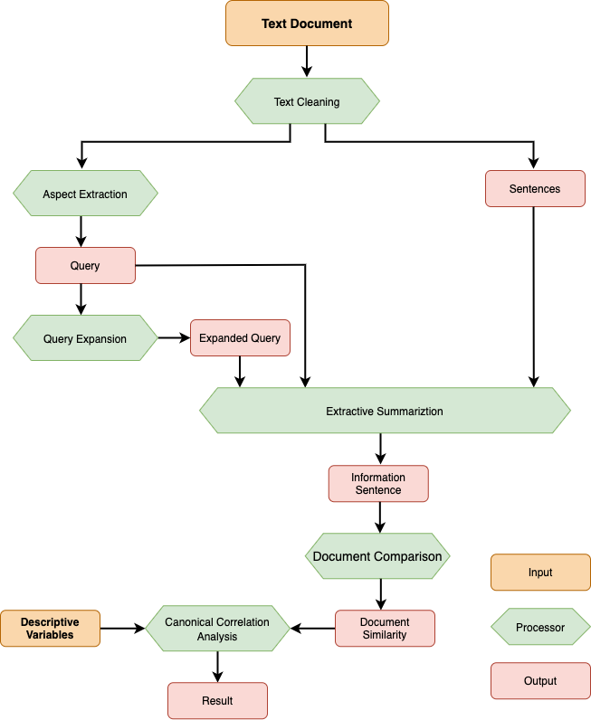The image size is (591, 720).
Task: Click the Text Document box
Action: coord(307,24)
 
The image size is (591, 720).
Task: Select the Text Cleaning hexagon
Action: coord(307,102)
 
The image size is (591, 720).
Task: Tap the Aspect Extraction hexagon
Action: coord(85,194)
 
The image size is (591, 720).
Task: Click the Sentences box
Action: coord(535,189)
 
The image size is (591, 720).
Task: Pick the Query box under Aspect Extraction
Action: coord(85,266)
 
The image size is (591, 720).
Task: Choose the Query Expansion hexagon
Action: coord(85,339)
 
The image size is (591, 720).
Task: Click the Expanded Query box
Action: coord(240,338)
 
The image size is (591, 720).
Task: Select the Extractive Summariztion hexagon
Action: coord(385,412)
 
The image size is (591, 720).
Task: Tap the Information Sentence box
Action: coord(378,484)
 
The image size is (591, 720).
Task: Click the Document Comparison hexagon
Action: coord(377,556)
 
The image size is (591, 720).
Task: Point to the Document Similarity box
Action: coord(385,629)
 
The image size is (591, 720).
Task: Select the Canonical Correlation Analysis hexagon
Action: coord(217,629)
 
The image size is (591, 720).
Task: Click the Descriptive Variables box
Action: coord(50,629)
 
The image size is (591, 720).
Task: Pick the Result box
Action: coord(217,701)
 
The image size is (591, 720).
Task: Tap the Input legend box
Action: coord(540,573)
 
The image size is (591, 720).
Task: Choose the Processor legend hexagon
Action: coord(540,628)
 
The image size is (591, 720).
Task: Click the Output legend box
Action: coord(540,681)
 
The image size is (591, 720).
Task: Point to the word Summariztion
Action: coord(411,412)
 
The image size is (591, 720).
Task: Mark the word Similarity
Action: coord(385,635)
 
